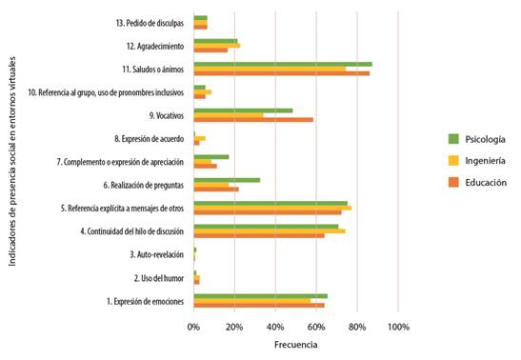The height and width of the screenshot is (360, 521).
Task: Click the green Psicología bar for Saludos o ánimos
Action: (282, 64)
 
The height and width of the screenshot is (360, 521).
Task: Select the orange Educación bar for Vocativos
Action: (253, 119)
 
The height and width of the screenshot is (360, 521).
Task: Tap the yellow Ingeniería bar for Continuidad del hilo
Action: (269, 230)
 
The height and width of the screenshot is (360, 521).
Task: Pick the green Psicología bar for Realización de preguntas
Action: (227, 179)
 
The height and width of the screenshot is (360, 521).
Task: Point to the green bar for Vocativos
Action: (243, 110)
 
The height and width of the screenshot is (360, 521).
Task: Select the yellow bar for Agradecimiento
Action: (216, 45)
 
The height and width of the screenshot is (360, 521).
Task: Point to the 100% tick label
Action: (398, 327)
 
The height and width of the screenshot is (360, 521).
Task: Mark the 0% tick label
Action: (193, 327)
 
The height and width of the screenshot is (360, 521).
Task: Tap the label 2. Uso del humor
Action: (160, 277)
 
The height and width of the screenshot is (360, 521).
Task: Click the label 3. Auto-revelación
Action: (159, 254)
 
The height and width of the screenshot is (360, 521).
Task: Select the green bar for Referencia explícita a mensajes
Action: (271, 202)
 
